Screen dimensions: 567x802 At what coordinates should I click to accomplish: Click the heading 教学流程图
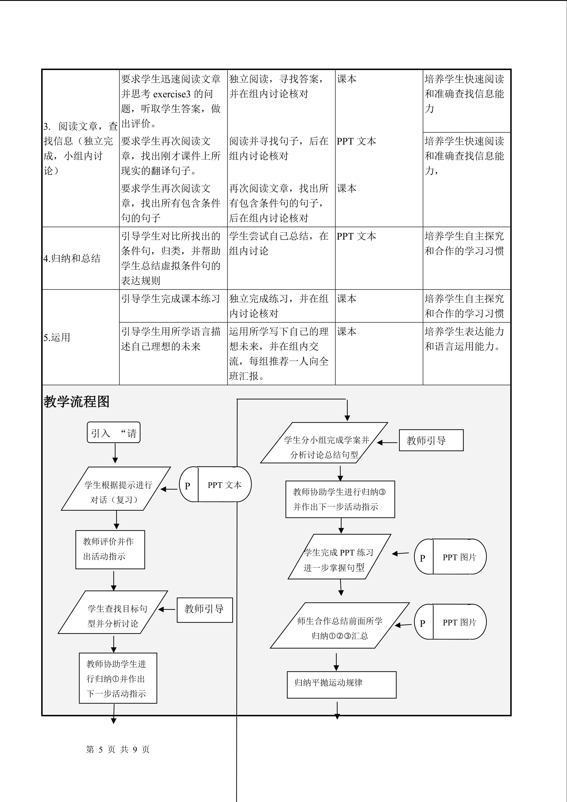[x=76, y=402]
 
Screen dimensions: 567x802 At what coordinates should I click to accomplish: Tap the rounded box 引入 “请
[x=113, y=433]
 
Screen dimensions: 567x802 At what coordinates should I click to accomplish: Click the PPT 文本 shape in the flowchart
[x=216, y=484]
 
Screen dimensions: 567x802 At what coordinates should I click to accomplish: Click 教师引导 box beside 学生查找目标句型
[x=205, y=610]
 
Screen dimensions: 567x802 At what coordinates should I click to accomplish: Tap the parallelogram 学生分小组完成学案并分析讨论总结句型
[x=324, y=443]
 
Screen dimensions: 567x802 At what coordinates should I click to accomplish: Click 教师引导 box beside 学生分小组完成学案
[x=431, y=440]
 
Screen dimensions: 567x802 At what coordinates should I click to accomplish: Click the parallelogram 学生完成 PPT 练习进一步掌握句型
[x=339, y=556]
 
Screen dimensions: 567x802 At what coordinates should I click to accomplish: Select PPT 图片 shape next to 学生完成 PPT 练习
[x=450, y=556]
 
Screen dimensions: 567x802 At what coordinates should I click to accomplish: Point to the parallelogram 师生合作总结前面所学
[x=340, y=625]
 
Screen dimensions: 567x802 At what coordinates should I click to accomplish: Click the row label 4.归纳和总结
[x=72, y=258]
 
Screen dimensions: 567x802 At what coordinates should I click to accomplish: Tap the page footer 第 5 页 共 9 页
[x=118, y=749]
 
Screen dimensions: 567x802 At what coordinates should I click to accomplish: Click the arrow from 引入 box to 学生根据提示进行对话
[x=115, y=453]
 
